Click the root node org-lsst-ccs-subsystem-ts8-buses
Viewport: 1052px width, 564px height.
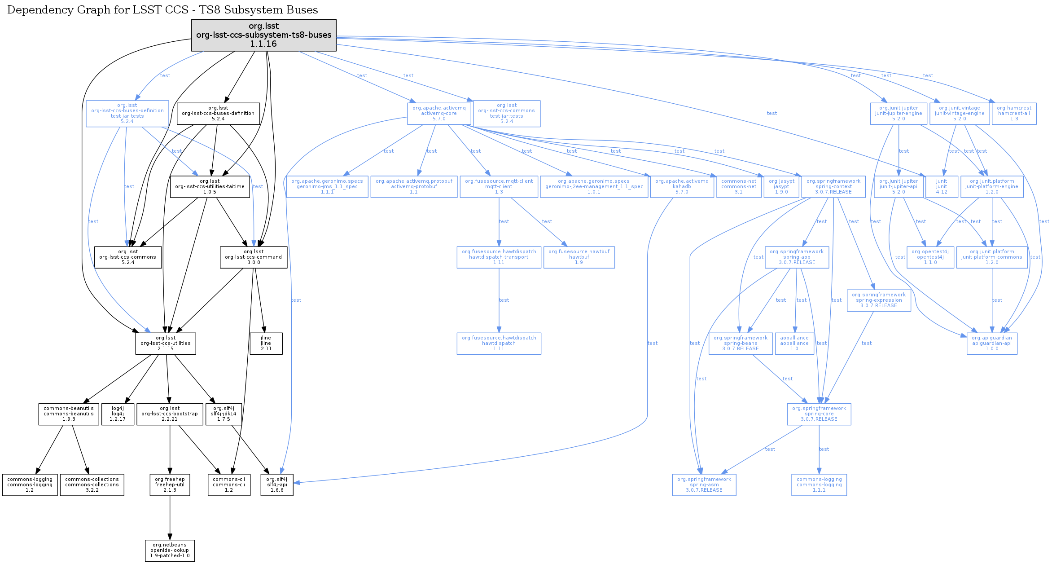(263, 35)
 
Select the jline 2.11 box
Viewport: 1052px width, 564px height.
(266, 344)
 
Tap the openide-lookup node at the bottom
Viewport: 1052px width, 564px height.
(170, 551)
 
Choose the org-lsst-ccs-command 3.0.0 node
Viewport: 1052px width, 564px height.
(254, 257)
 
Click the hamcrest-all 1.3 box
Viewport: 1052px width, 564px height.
(1014, 114)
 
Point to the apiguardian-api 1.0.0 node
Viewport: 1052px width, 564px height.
(992, 344)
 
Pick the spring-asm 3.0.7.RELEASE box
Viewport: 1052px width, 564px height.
(704, 485)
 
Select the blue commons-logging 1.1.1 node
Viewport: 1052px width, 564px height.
(819, 485)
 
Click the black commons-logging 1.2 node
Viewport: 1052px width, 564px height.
(30, 485)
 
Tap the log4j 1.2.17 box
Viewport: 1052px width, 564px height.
(118, 414)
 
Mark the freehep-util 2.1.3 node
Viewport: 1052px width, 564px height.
(170, 485)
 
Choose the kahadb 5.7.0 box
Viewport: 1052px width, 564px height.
(682, 187)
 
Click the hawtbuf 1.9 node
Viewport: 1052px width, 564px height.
(579, 257)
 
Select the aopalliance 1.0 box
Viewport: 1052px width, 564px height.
(794, 344)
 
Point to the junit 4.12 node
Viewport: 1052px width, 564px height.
(942, 187)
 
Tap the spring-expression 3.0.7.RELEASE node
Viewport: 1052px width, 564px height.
(879, 300)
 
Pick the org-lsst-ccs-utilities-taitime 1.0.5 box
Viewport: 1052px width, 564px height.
(210, 187)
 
